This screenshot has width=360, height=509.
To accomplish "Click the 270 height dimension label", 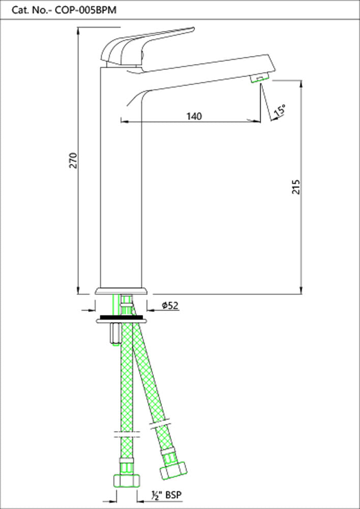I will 73,160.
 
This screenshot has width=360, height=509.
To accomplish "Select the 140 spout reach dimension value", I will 194,116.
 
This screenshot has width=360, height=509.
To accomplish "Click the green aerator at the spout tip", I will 259,78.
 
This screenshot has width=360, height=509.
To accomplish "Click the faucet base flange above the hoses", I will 121,292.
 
